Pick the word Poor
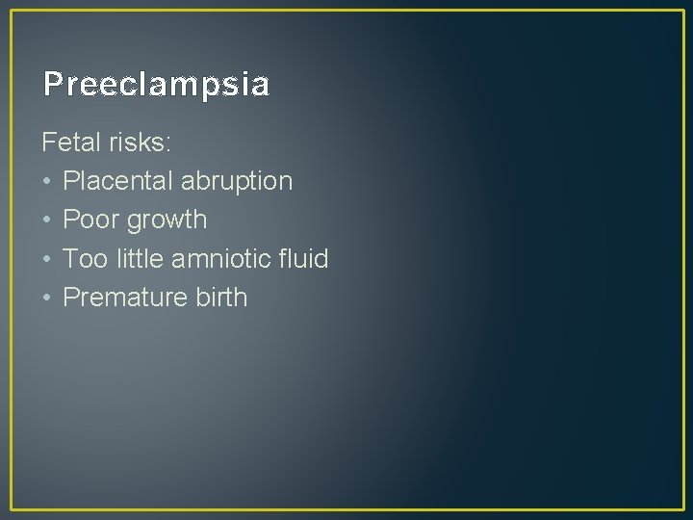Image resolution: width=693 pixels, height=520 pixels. pyautogui.click(x=89, y=220)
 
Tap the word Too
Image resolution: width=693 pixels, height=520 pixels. pyautogui.click(x=84, y=258)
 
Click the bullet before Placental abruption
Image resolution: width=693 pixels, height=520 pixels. pyautogui.click(x=47, y=182)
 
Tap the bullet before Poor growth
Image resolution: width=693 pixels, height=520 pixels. pyautogui.click(x=47, y=221)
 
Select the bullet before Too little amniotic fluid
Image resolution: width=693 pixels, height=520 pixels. pyautogui.click(x=47, y=259)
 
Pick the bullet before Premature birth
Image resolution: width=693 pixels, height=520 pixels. pyautogui.click(x=47, y=298)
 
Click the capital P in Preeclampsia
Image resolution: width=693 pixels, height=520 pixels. pyautogui.click(x=52, y=85)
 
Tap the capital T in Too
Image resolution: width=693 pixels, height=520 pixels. pyautogui.click(x=70, y=258)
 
